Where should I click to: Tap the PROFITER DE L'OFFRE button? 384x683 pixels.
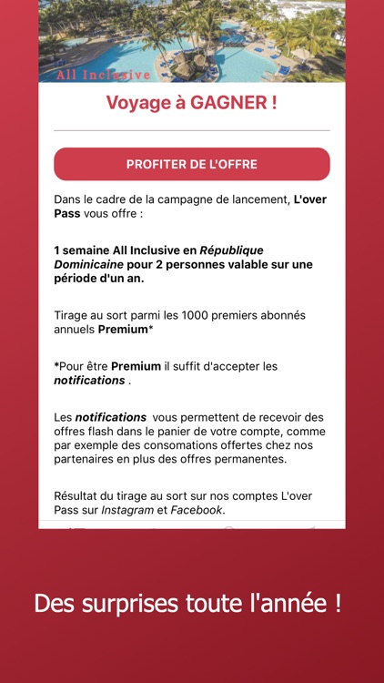pos(192,165)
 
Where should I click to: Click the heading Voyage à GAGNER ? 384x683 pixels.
pos(192,103)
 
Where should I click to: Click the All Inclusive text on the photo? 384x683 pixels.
pos(103,75)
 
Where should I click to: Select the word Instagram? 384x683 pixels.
pos(128,510)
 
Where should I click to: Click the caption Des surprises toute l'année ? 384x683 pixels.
pos(187,603)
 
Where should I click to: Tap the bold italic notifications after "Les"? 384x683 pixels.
pos(110,417)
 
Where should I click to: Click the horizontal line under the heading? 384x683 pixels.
pos(192,130)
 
